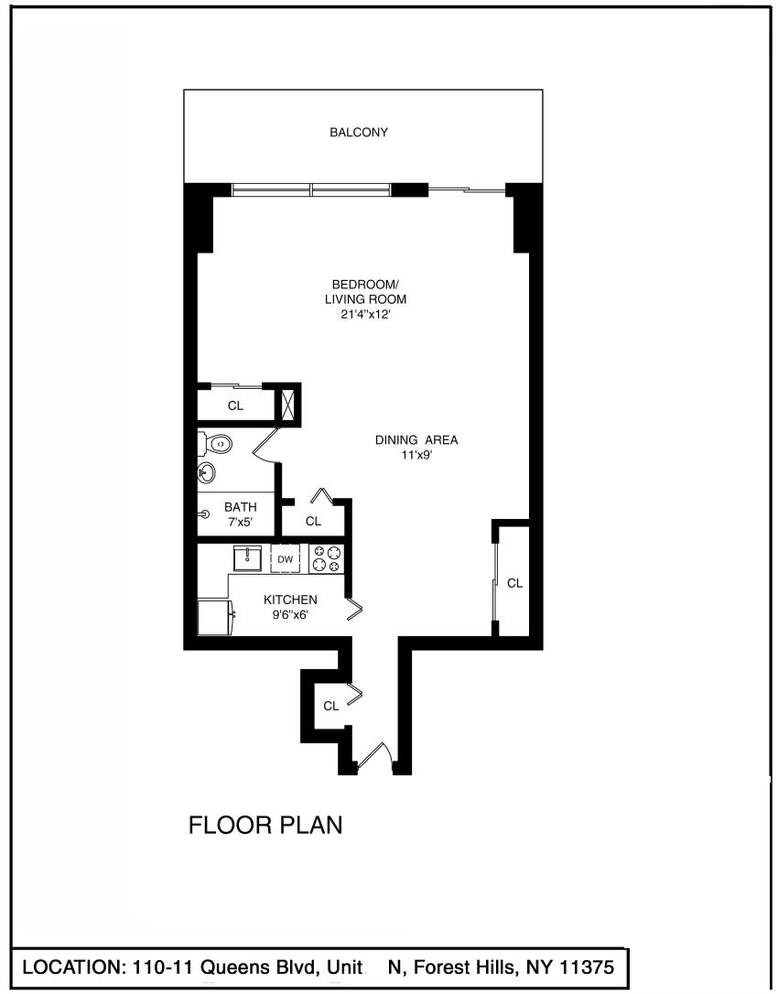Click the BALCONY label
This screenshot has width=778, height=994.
[358, 133]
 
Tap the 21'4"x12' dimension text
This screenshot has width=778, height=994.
[364, 314]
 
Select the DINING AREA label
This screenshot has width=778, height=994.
[416, 440]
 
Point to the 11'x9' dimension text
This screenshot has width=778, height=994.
[416, 455]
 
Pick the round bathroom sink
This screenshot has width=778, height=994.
[207, 471]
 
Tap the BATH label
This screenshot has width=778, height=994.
[241, 507]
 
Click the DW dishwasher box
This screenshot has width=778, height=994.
[286, 559]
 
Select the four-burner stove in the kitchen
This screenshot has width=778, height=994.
[326, 559]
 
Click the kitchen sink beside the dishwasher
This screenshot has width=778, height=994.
[246, 558]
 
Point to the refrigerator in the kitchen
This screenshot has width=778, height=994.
[217, 617]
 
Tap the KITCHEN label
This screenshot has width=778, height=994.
[290, 600]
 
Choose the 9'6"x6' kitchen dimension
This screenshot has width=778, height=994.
[290, 614]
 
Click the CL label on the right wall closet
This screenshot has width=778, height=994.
[515, 583]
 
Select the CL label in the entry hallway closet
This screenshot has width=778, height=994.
[331, 706]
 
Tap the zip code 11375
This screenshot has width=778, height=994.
[587, 967]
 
